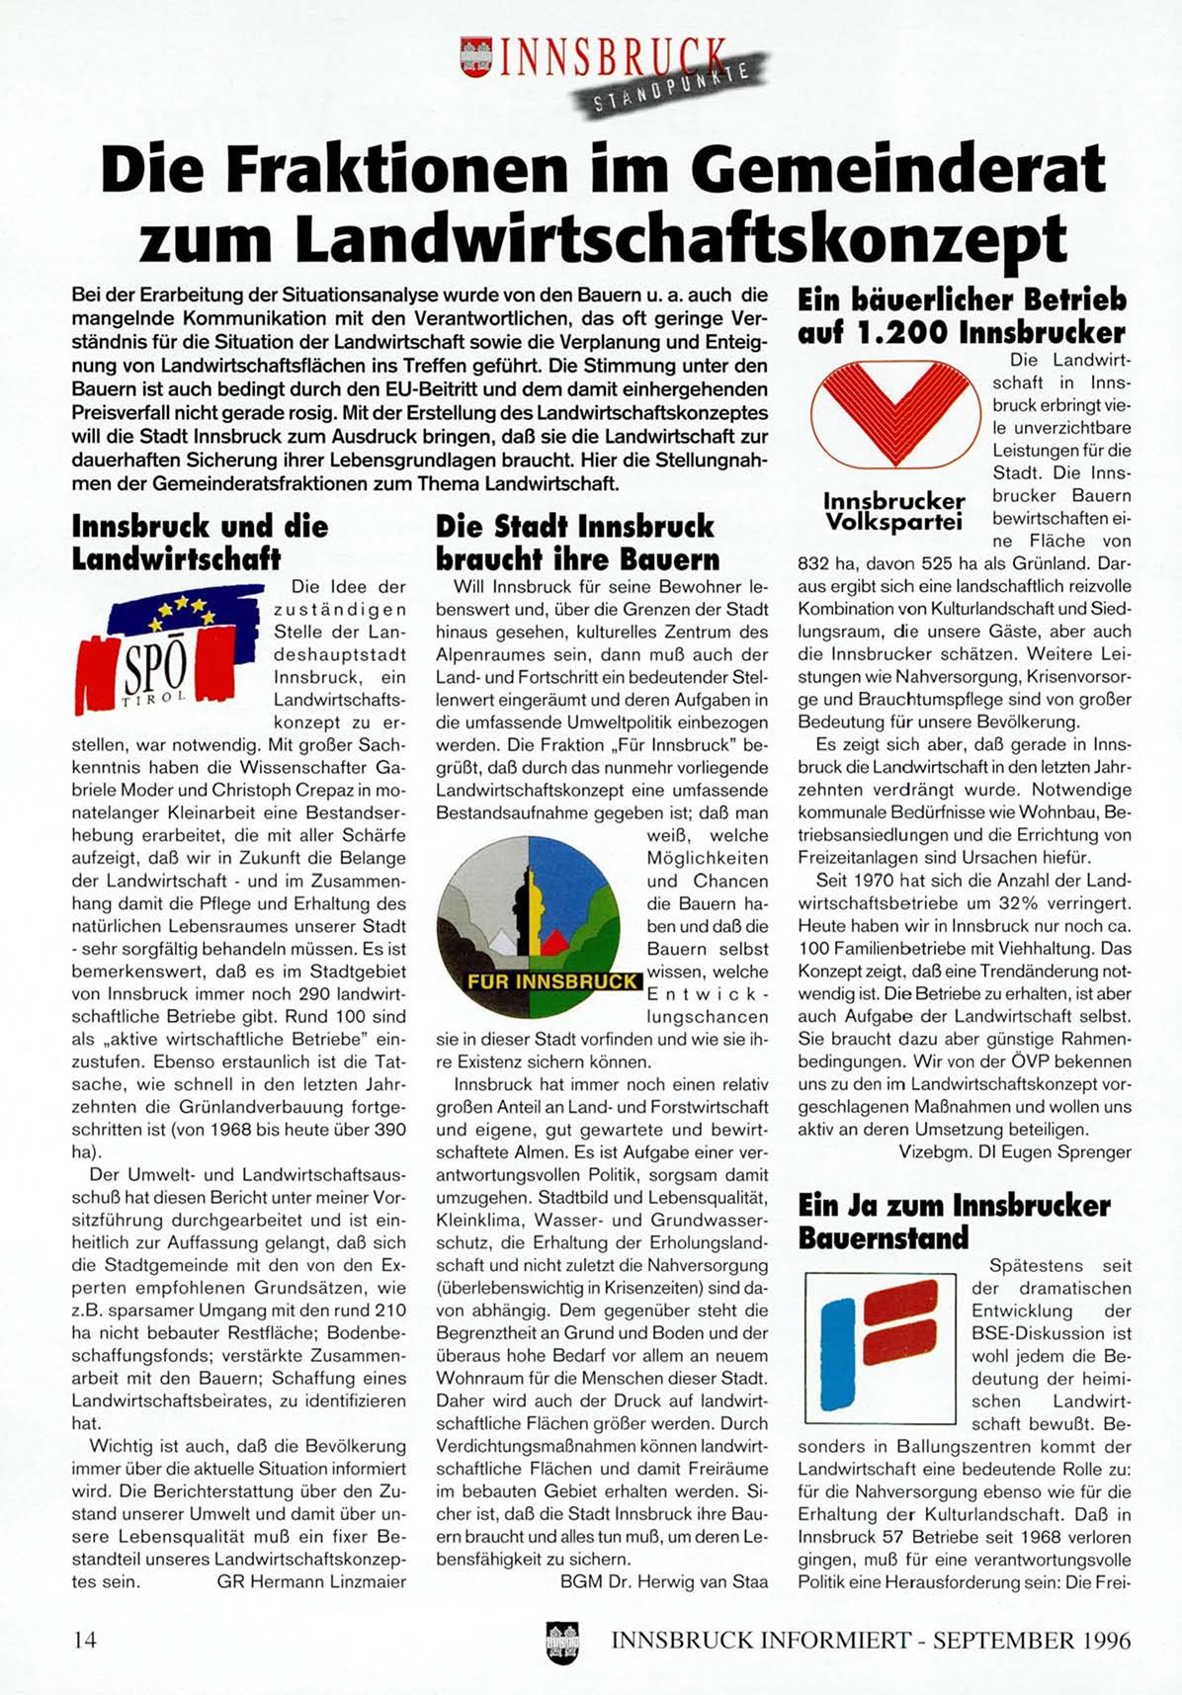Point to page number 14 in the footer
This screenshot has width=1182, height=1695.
85,1640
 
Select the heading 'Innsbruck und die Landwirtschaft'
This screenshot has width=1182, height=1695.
200,542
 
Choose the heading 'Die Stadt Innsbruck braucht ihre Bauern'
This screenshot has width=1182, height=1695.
578,542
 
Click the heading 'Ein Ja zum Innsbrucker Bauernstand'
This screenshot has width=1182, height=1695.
954,1222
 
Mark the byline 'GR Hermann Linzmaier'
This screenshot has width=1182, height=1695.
311,1581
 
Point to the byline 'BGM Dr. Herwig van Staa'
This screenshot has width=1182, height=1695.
664,1581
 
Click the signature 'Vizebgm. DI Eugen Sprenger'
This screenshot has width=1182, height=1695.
1015,1151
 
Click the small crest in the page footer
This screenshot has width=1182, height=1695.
562,1641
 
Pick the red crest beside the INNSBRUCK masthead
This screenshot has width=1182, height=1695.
477,57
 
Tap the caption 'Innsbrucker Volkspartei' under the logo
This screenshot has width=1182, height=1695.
893,511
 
